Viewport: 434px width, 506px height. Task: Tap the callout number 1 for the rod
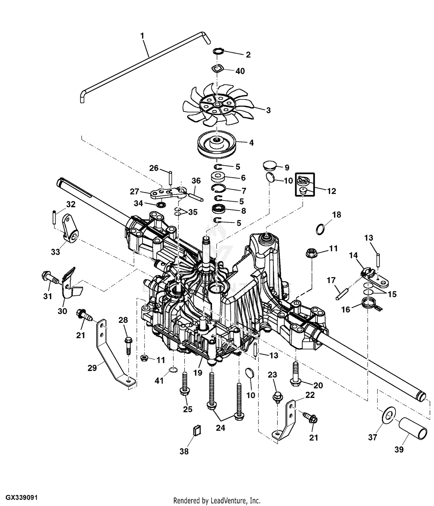(142, 36)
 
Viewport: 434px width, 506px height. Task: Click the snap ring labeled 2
(219, 52)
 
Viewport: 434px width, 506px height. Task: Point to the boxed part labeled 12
(304, 185)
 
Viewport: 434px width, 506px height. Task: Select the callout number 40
(240, 71)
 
